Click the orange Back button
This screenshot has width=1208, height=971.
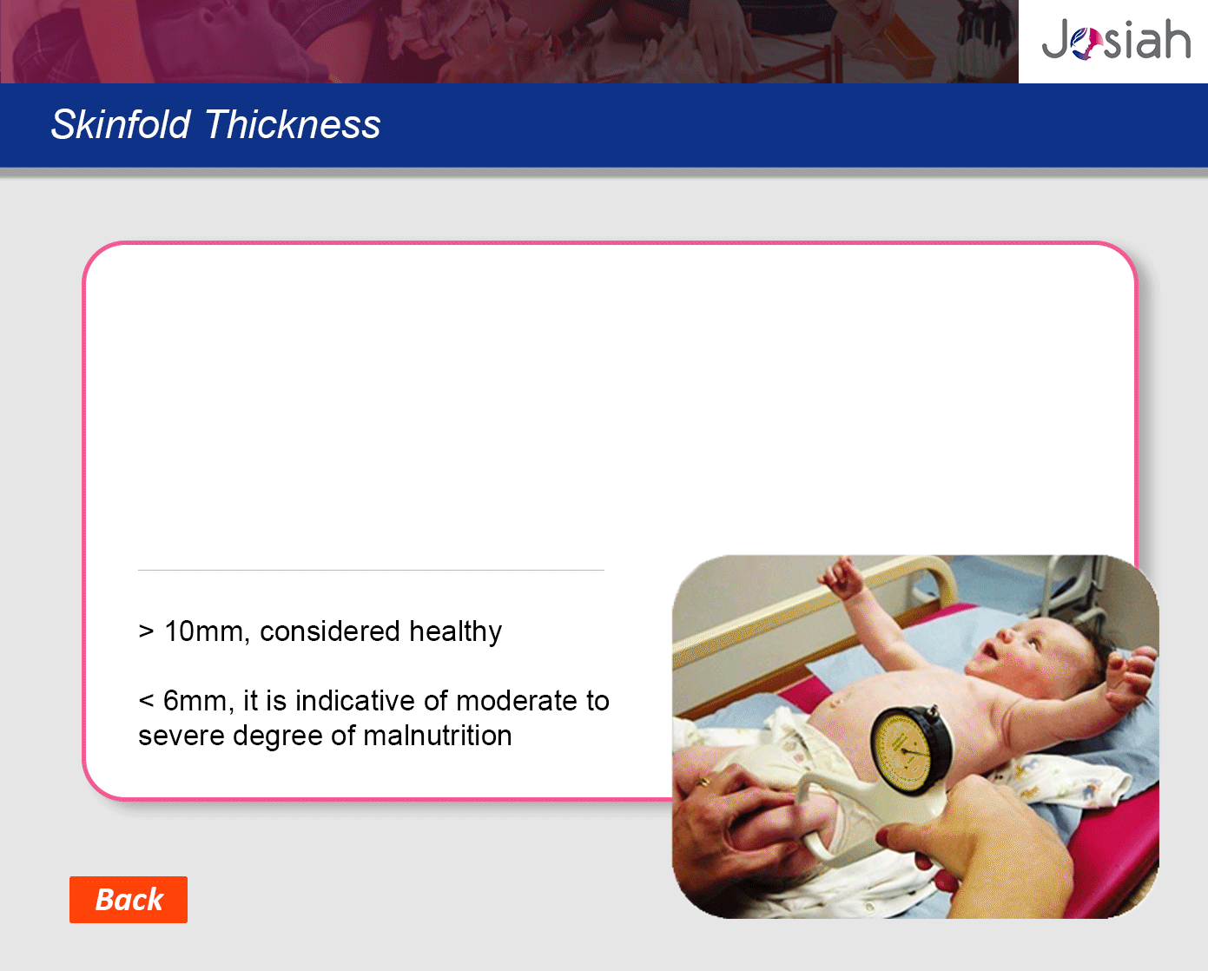point(129,899)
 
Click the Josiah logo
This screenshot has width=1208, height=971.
point(1116,39)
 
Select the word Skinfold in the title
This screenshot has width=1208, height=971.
point(121,124)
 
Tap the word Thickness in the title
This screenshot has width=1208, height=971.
point(293,124)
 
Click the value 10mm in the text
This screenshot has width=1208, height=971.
point(204,631)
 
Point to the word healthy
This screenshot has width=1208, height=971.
point(455,632)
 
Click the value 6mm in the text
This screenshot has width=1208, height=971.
point(195,701)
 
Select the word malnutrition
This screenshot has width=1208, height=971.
point(438,736)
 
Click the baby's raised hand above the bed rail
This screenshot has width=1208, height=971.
point(843,578)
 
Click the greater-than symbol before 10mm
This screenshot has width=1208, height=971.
point(146,631)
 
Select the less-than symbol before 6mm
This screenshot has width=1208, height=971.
point(146,702)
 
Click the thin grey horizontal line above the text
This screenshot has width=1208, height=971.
point(371,570)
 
